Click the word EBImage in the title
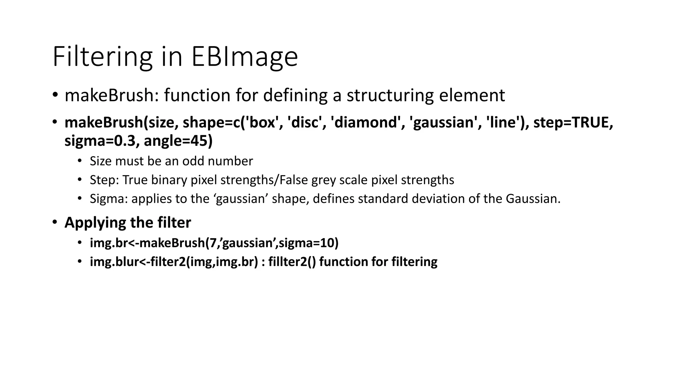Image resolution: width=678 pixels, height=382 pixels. coord(245,56)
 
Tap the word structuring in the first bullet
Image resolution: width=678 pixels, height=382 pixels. coord(390,95)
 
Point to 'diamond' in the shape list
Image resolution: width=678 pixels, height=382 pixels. coord(366,122)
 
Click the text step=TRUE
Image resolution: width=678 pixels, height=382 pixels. coord(573,122)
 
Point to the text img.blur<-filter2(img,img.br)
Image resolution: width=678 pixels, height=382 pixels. coord(174,262)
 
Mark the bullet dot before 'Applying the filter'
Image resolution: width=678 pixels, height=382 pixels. coord(55,223)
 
